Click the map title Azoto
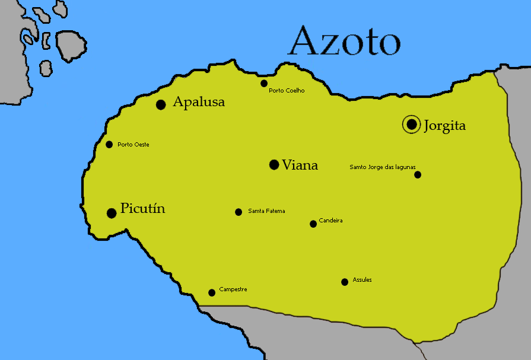(x=344, y=42)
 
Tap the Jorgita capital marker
(x=411, y=125)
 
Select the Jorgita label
(x=444, y=126)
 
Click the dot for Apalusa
(x=160, y=104)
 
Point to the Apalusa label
(x=199, y=102)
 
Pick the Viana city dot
(x=274, y=164)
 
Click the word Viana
(x=300, y=165)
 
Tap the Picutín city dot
(x=111, y=213)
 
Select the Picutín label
(x=142, y=209)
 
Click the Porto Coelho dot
(x=264, y=83)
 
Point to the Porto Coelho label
(x=287, y=91)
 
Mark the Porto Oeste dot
(x=109, y=144)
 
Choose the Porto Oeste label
(x=133, y=145)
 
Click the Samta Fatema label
(x=266, y=211)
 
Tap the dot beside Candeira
(x=313, y=224)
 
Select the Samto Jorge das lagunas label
(x=382, y=167)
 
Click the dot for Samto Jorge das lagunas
(x=418, y=174)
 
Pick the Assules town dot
(x=345, y=282)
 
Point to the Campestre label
(x=233, y=289)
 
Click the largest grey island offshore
(x=71, y=44)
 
